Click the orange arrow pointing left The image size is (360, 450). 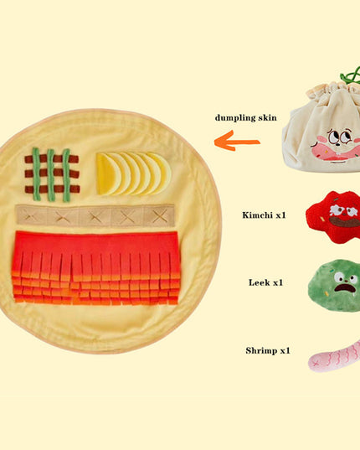click(237, 141)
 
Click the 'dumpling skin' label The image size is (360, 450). click(245, 117)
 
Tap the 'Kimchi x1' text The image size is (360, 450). click(264, 215)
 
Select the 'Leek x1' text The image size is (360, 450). click(265, 282)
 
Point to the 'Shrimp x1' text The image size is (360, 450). click(268, 350)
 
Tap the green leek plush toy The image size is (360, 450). click(335, 286)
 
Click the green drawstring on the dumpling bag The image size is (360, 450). click(351, 76)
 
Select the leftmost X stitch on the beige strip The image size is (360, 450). click(30, 215)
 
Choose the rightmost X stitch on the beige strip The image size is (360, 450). click(160, 216)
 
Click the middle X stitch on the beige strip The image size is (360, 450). click(95, 216)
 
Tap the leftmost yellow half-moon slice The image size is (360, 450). click(105, 174)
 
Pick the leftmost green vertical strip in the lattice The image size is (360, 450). click(36, 174)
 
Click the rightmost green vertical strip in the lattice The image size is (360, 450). click(66, 175)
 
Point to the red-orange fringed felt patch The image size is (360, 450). click(96, 268)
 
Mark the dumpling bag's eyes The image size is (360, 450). click(340, 137)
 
